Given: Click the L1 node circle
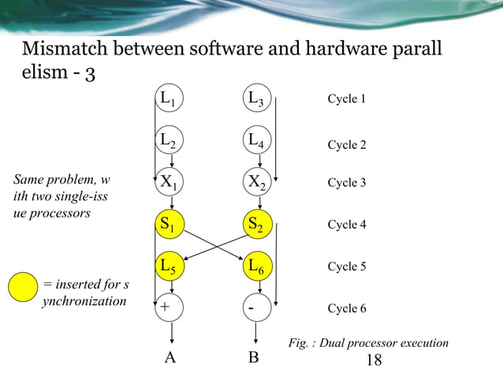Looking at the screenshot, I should click(x=169, y=99).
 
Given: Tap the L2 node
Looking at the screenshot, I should click(x=169, y=141).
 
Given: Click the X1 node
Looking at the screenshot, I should click(x=169, y=183).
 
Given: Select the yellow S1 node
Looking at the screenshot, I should click(x=169, y=225).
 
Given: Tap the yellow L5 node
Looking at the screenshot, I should click(x=169, y=267).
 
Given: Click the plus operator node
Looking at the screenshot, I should click(x=169, y=308).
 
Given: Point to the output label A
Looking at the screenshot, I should click(x=169, y=358).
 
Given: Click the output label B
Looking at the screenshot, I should click(x=253, y=358).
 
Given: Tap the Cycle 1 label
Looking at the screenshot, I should click(x=346, y=99).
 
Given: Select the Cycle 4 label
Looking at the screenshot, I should click(x=346, y=225).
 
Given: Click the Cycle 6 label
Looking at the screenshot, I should click(x=346, y=308).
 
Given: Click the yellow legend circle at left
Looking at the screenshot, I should click(x=23, y=286).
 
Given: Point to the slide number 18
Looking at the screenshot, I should click(x=374, y=360).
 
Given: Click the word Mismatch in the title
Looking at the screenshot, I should click(x=65, y=49).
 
